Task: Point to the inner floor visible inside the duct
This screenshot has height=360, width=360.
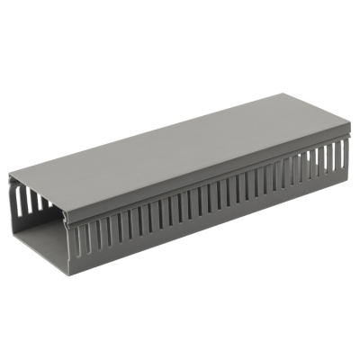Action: [x=41, y=239]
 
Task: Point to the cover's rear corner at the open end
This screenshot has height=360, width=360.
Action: [x=10, y=176]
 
